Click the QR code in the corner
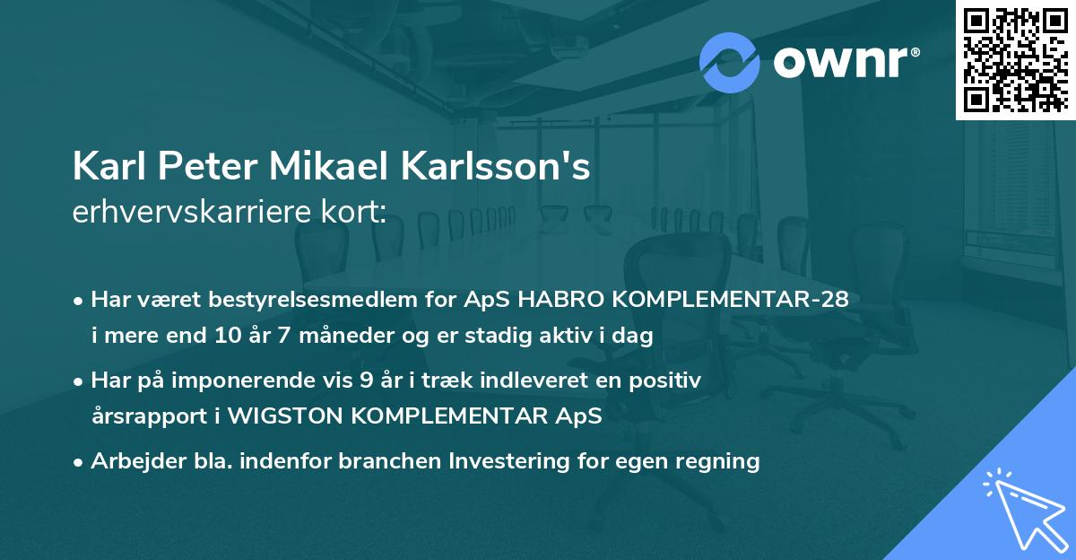point(1016,59)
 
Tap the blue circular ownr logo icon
point(730,62)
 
